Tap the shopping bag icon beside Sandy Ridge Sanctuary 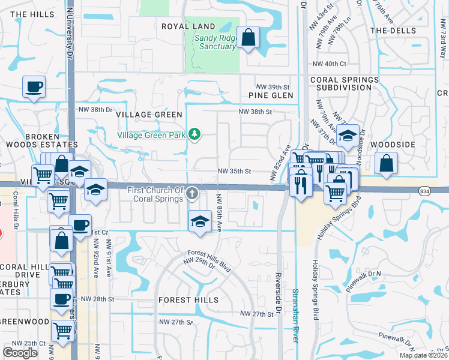click(x=248, y=38)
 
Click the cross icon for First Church click(x=192, y=193)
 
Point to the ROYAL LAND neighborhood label click(x=188, y=26)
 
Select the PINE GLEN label click(x=271, y=95)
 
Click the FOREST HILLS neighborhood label click(x=188, y=299)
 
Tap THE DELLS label click(x=393, y=30)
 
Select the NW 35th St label click(x=234, y=171)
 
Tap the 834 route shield click(x=425, y=190)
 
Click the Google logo click(x=20, y=352)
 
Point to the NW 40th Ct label click(x=330, y=64)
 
